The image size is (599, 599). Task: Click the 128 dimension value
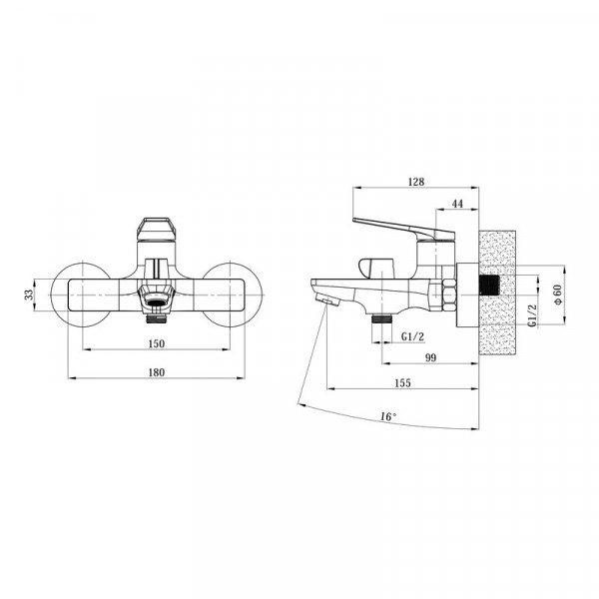(416, 182)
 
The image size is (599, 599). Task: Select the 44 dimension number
(457, 204)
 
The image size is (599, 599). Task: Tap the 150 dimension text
(157, 343)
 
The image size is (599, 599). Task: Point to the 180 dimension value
(157, 372)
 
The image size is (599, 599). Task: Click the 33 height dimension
(29, 295)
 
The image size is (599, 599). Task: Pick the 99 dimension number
(430, 357)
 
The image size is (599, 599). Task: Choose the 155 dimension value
(402, 382)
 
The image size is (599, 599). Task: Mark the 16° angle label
(388, 416)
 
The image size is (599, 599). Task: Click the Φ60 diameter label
(558, 295)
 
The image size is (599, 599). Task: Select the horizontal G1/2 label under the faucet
(412, 336)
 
